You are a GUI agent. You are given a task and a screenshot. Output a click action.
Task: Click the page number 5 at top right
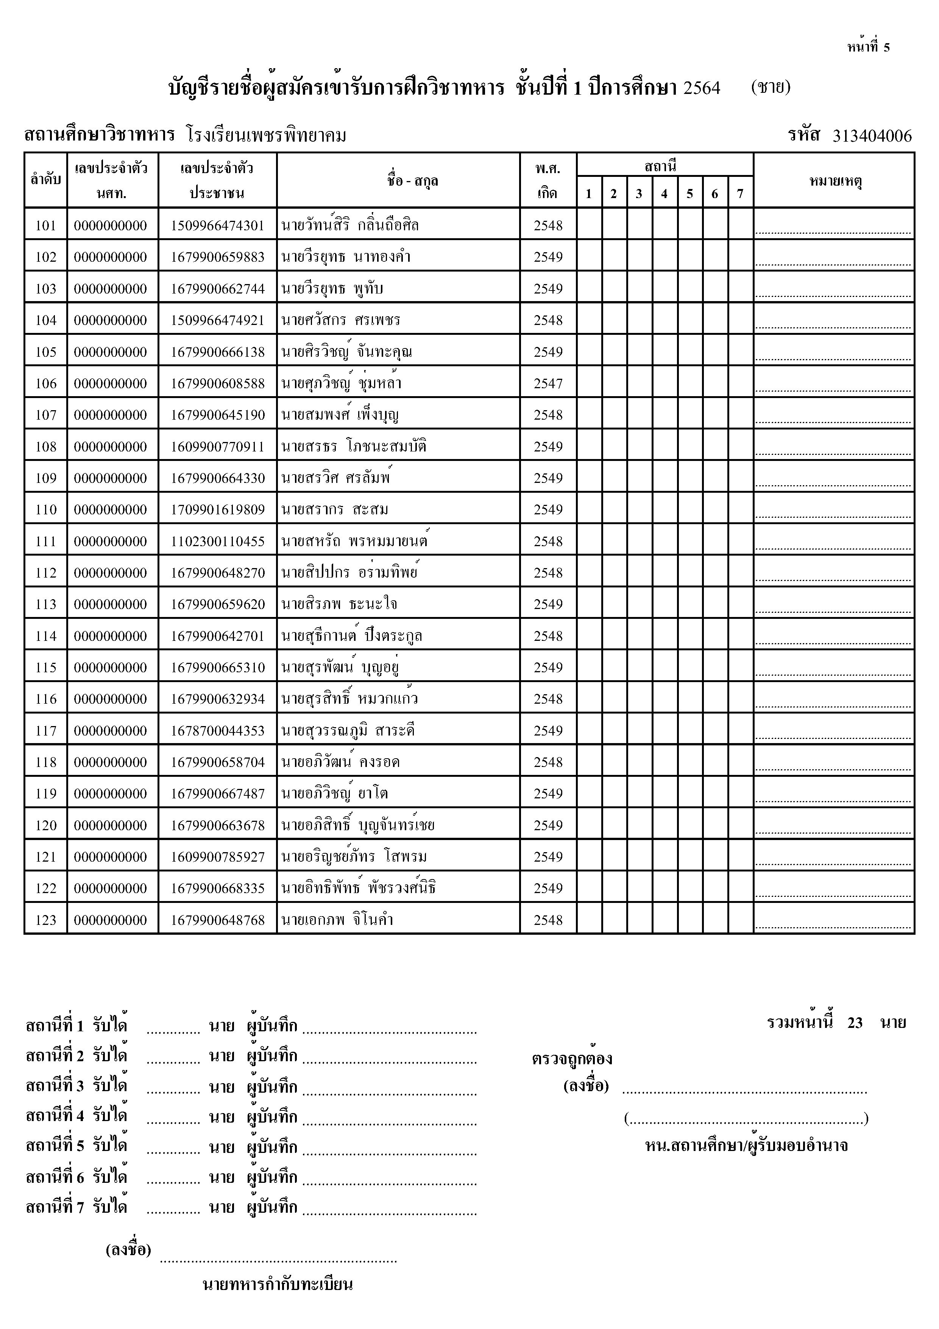(886, 47)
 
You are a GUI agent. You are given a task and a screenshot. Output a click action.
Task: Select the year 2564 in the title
(702, 88)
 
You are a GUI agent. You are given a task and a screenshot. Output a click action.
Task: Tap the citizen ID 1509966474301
(218, 225)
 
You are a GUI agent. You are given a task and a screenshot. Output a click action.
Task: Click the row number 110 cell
(46, 509)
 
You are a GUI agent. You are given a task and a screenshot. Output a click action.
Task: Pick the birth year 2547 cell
(548, 383)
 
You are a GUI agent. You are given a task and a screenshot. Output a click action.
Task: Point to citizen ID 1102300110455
(218, 541)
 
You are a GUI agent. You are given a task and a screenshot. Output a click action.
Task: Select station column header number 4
(664, 193)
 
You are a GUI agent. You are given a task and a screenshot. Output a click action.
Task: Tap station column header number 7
(740, 193)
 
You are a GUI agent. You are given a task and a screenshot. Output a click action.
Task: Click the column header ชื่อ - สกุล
(412, 181)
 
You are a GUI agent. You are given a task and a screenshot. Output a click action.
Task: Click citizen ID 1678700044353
(218, 731)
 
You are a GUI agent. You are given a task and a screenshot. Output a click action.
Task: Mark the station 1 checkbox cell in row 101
(589, 225)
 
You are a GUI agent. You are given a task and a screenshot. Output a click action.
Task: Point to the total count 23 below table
(855, 1023)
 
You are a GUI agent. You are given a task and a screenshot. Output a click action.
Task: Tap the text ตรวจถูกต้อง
(572, 1059)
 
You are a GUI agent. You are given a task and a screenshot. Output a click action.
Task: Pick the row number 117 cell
(46, 731)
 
